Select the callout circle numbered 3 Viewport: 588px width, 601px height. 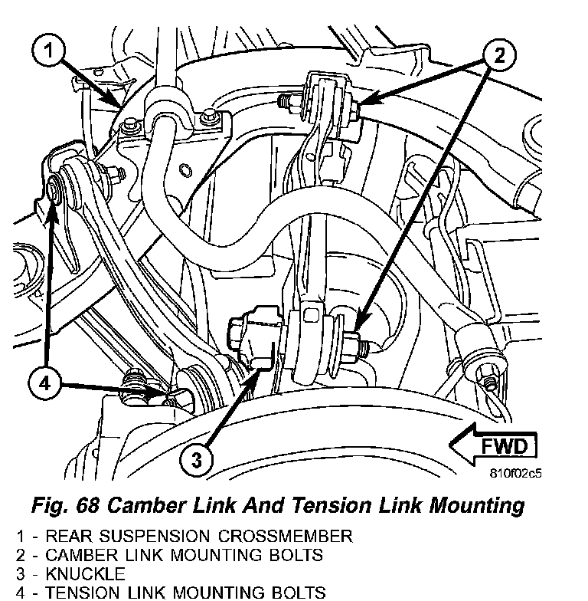[197, 459]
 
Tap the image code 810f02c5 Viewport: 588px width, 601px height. [516, 473]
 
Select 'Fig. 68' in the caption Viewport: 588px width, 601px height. [64, 506]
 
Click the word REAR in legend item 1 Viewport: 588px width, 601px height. [64, 536]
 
